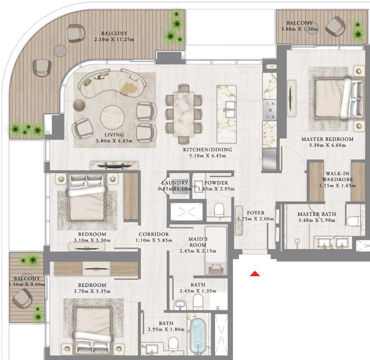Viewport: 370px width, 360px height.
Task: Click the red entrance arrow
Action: coord(255,274)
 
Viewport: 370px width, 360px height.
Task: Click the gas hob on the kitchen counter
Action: coord(269,110)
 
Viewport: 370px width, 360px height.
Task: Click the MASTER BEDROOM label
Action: coord(327,139)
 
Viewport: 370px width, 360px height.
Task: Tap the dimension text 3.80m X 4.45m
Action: coord(114,141)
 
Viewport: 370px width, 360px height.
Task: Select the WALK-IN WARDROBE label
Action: coord(337,177)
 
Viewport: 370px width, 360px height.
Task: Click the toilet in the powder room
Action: coord(219,209)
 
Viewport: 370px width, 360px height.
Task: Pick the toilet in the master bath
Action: coord(353,221)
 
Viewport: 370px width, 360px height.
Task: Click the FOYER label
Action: coord(256,213)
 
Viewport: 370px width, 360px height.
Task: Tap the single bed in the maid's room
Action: coord(216,250)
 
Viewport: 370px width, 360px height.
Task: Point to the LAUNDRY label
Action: coord(175,183)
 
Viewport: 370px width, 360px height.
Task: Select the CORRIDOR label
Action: coord(154,234)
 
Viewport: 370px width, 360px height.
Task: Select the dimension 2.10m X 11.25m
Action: coord(114,40)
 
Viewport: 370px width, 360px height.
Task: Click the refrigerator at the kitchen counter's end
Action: coord(269,159)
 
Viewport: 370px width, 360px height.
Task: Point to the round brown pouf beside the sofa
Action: coord(79,105)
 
